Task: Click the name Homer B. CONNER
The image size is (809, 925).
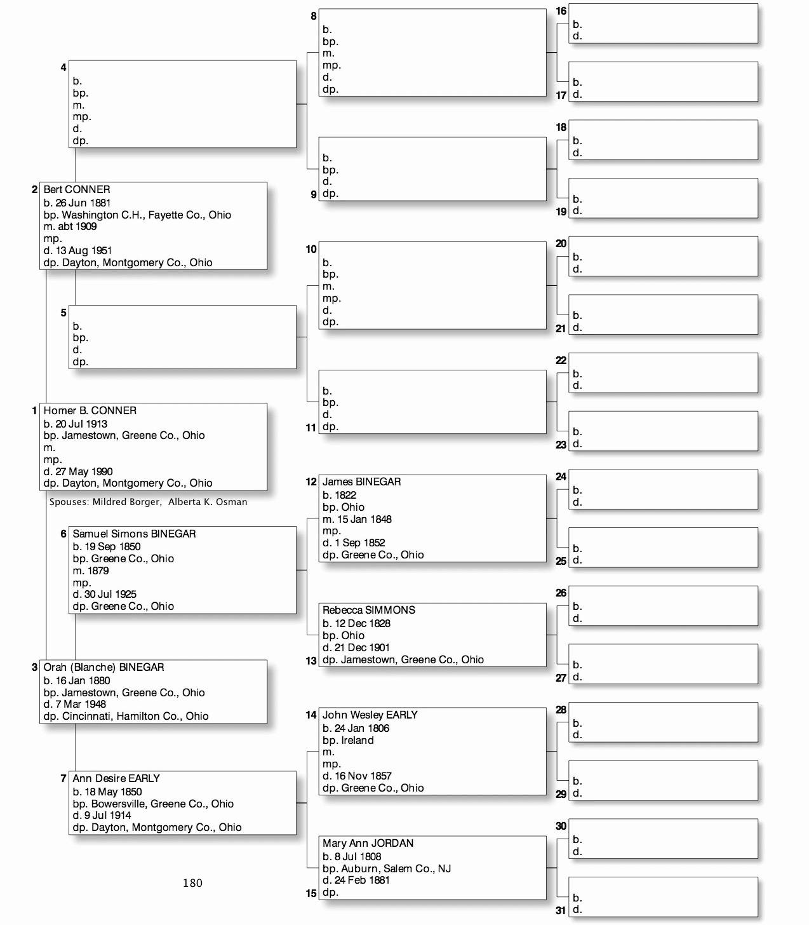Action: pyautogui.click(x=90, y=410)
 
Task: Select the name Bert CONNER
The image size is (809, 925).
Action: pyautogui.click(x=76, y=189)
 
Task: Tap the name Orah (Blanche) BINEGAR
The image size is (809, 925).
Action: pyautogui.click(x=104, y=667)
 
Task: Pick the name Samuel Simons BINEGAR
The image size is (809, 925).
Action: pyautogui.click(x=134, y=534)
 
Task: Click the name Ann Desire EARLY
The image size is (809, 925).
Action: pyautogui.click(x=116, y=778)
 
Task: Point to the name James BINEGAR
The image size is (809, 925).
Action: pyautogui.click(x=361, y=482)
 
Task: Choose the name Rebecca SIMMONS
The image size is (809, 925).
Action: pyautogui.click(x=368, y=610)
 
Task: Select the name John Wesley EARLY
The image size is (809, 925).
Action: pyautogui.click(x=370, y=715)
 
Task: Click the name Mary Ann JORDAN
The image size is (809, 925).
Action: pyautogui.click(x=368, y=843)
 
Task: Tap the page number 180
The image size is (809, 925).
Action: pyautogui.click(x=192, y=882)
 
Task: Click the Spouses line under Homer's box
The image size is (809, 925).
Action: pyautogui.click(x=148, y=502)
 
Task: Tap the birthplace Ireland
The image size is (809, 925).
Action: pyautogui.click(x=358, y=740)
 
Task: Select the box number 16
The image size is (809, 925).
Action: pyautogui.click(x=561, y=11)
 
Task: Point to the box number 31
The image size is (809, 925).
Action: pyautogui.click(x=561, y=910)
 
